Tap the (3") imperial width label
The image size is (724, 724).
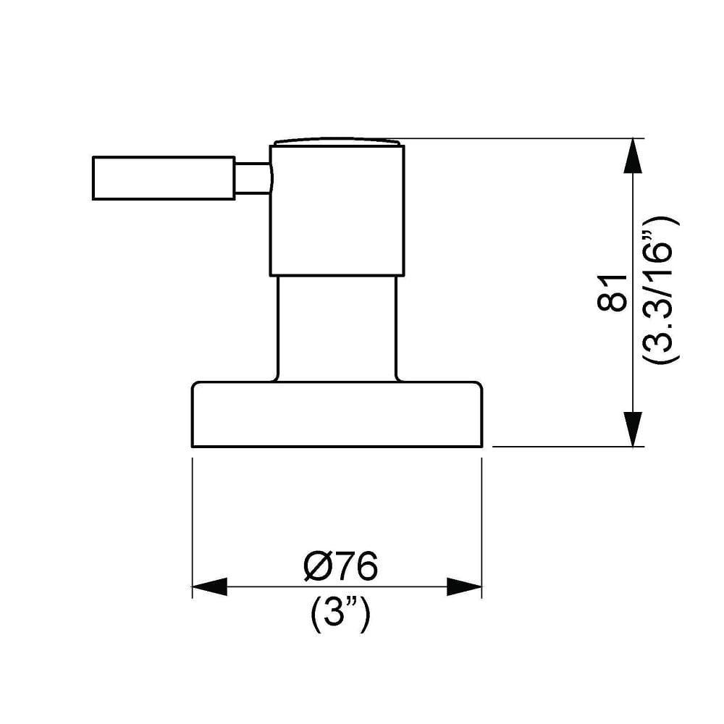pyautogui.click(x=340, y=617)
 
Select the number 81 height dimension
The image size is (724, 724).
pyautogui.click(x=613, y=292)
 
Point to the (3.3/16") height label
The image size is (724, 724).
pyautogui.click(x=660, y=290)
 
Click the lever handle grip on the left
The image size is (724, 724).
pyautogui.click(x=164, y=178)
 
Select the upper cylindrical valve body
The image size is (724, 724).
pyautogui.click(x=337, y=210)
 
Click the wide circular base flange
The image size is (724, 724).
pyautogui.click(x=337, y=414)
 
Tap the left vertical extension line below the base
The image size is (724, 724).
pyautogui.click(x=192, y=521)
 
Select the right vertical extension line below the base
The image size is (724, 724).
pyautogui.click(x=481, y=521)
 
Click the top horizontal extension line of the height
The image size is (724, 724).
pyautogui.click(x=521, y=138)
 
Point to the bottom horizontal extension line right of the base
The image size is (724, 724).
pyautogui.click(x=565, y=447)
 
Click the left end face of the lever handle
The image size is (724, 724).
pyautogui.click(x=93, y=178)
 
